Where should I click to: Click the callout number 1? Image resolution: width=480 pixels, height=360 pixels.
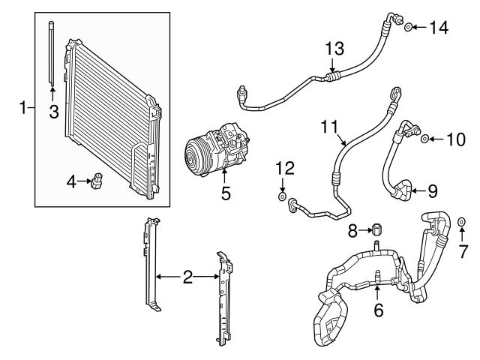(x=22, y=109)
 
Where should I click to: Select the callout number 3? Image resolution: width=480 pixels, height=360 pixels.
(x=52, y=113)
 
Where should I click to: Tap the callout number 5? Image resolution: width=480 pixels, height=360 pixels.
(x=225, y=194)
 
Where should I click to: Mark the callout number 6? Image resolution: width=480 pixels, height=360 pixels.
(x=378, y=308)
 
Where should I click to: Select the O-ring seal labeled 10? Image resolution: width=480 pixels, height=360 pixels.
(x=425, y=139)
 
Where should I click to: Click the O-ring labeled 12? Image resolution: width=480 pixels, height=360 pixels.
(x=282, y=197)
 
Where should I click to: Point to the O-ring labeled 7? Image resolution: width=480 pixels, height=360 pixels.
(x=462, y=223)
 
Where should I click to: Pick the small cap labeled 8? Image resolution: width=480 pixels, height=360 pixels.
(x=379, y=229)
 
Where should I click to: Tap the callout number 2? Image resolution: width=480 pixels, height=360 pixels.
(x=187, y=277)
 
